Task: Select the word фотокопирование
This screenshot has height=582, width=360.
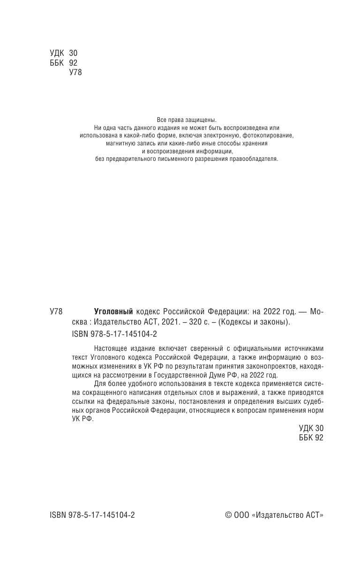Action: tap(270, 136)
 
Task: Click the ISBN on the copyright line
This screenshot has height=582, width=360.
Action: tap(92, 514)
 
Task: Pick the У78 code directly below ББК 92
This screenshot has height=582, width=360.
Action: tap(75, 73)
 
